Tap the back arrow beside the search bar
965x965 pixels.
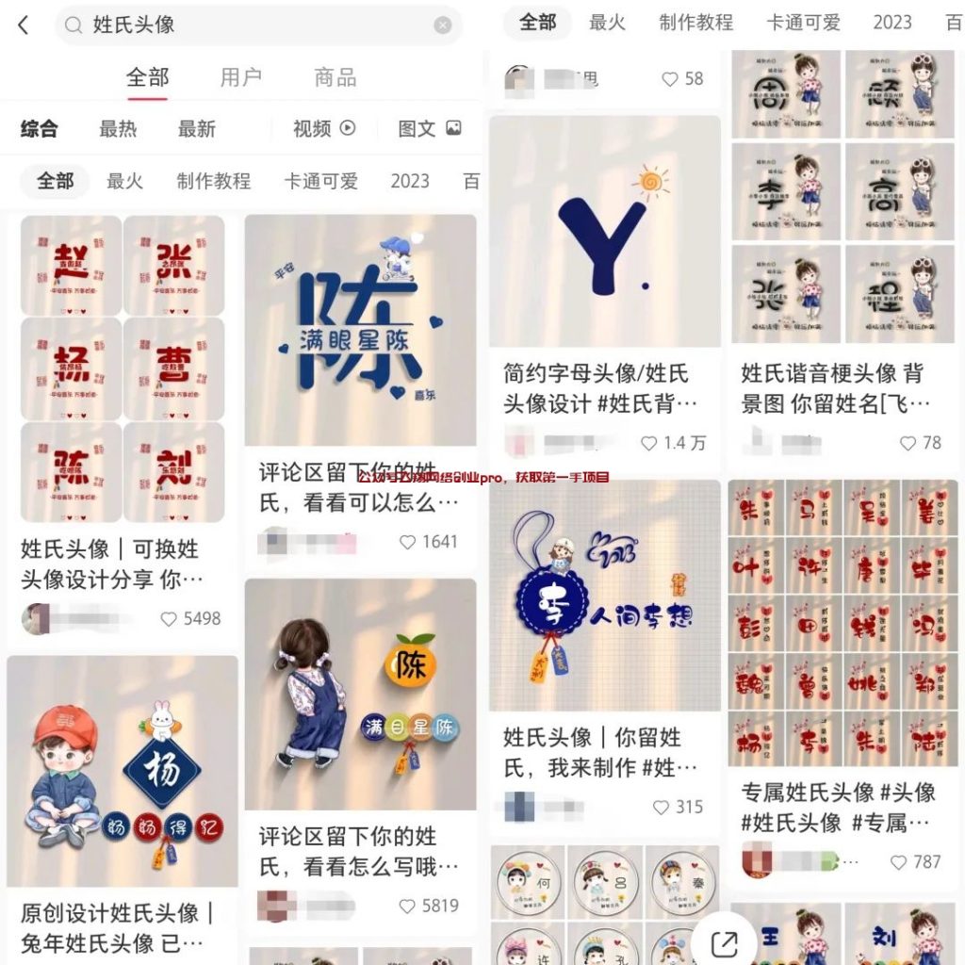[x=24, y=25]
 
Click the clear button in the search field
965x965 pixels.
[x=442, y=25]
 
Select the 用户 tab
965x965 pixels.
[x=240, y=77]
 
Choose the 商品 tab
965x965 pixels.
[x=335, y=77]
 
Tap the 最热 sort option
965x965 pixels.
[x=118, y=129]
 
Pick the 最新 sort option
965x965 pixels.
[x=197, y=129]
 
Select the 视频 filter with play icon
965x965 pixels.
[x=323, y=129]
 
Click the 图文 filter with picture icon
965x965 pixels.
[x=430, y=129]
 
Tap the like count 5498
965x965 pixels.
[x=201, y=619]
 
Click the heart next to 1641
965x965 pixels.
[x=408, y=543]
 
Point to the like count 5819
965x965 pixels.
[x=439, y=906]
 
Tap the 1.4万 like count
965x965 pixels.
[x=683, y=443]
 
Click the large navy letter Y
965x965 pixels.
[x=601, y=235]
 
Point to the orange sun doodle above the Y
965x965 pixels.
[x=650, y=182]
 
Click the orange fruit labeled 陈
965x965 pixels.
[x=410, y=663]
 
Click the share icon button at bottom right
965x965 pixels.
[x=724, y=942]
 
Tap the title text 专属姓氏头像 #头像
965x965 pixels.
[x=838, y=793]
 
